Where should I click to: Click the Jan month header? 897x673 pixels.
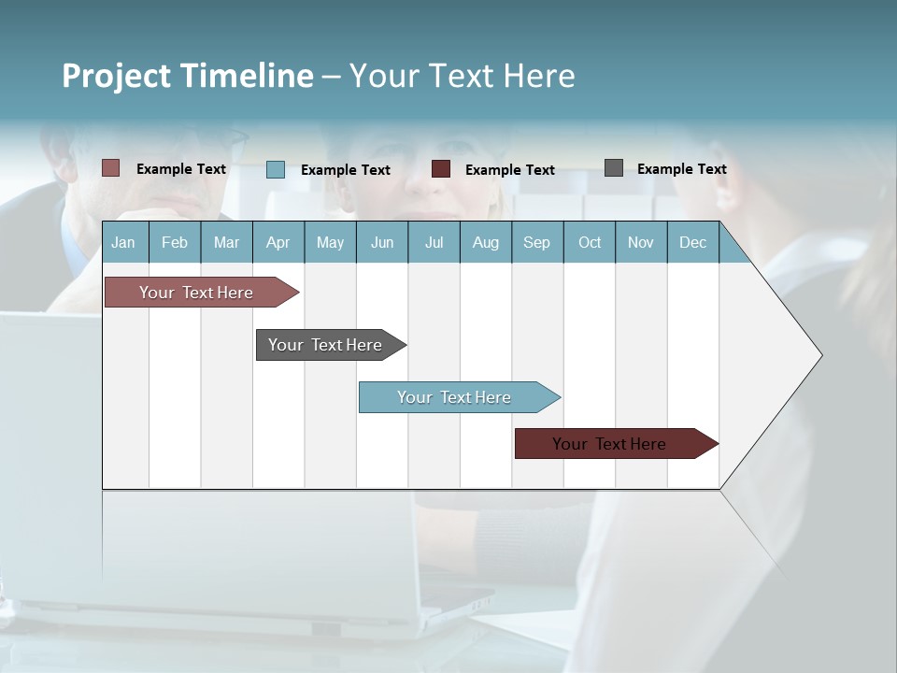[x=123, y=243]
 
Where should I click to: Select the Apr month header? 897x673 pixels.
[x=278, y=243]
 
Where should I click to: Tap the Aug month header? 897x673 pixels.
[x=485, y=243]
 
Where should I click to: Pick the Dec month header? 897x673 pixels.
[x=692, y=243]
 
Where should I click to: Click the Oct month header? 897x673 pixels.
[x=590, y=243]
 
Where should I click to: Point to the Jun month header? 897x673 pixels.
[x=381, y=243]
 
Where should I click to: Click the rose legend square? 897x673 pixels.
[x=110, y=168]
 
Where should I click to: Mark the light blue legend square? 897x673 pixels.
[x=275, y=169]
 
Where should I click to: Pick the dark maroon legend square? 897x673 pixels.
[x=441, y=169]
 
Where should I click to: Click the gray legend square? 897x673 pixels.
[x=613, y=168]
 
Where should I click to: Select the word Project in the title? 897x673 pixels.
[x=116, y=76]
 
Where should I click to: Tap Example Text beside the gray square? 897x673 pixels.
[x=681, y=169]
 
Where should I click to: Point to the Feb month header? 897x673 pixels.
[x=175, y=243]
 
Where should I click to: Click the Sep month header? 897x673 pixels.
[x=536, y=243]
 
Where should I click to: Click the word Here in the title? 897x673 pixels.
[x=539, y=76]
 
